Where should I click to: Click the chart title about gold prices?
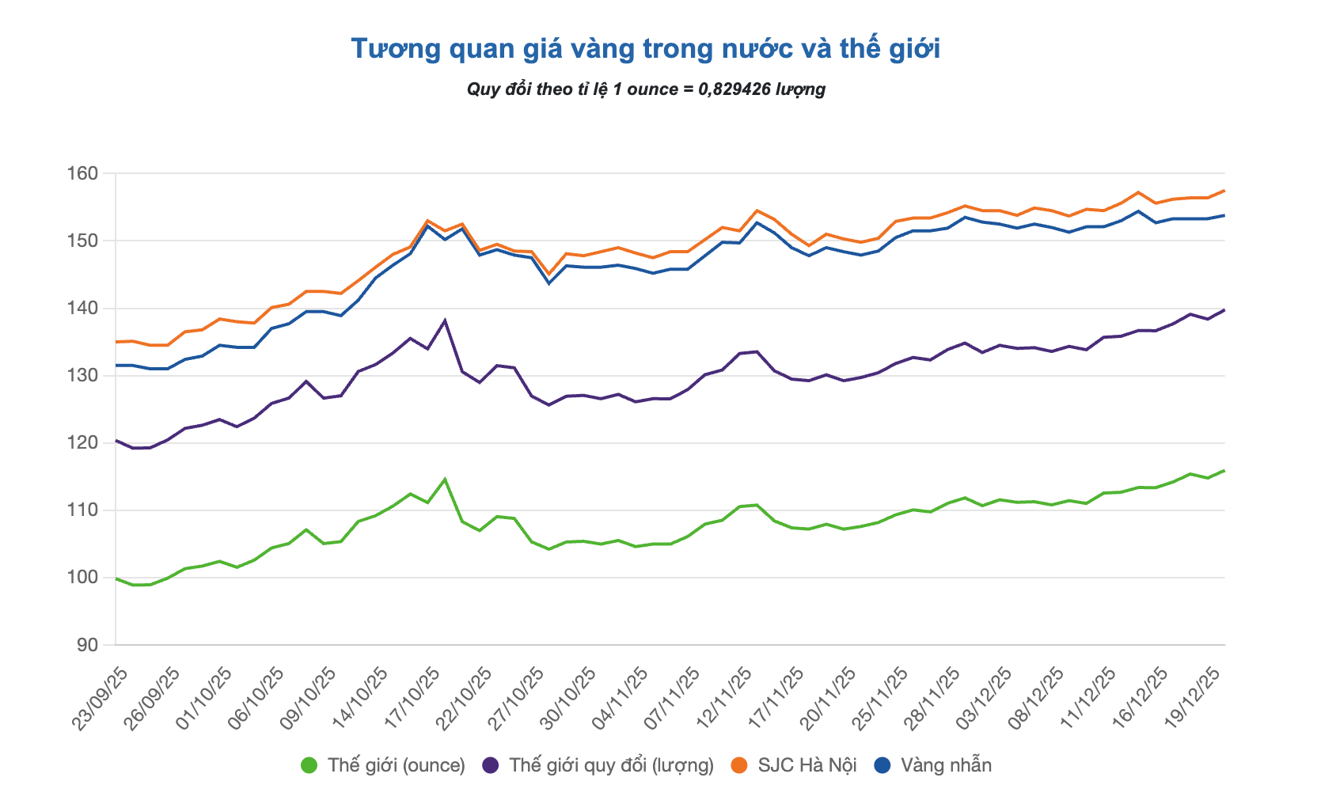pos(645,49)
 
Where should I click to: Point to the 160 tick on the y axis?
pos(88,173)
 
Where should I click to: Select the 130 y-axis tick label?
pos(88,376)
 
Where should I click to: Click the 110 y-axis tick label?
pos(88,510)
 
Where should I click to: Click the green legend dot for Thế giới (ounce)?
pos(309,765)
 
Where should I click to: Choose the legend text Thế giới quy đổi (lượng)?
pos(611,765)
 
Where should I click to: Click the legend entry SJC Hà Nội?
pos(807,765)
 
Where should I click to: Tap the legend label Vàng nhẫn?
pos(946,765)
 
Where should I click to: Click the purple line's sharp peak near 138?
pos(445,320)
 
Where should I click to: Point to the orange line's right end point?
pos(1224,191)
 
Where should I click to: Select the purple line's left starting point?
pos(116,440)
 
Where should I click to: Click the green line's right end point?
pos(1224,471)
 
